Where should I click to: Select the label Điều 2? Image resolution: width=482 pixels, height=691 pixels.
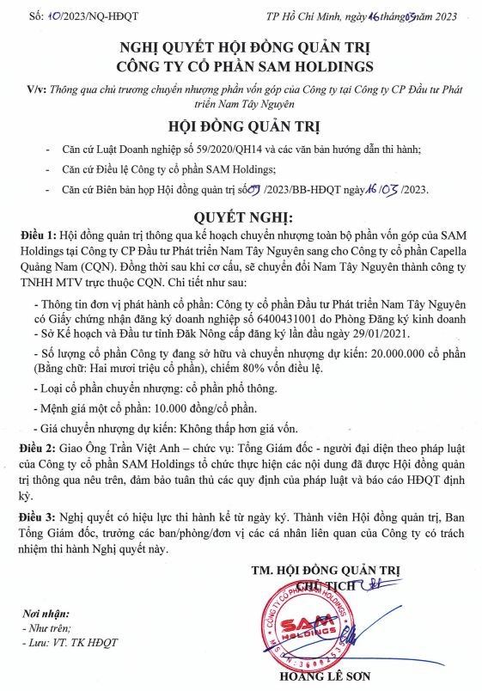pyautogui.click(x=40, y=448)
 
